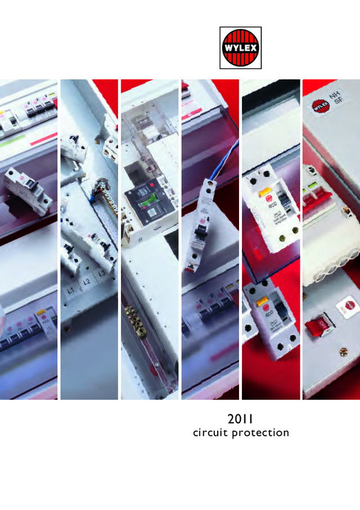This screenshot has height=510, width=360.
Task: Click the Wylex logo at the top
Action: (x=240, y=48)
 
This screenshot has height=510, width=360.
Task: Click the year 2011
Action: (x=240, y=419)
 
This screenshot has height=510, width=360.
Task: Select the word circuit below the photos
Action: (x=210, y=433)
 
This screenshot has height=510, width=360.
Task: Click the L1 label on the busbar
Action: (x=71, y=291)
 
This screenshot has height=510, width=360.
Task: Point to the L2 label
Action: (x=86, y=281)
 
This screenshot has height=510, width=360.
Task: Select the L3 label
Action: (x=101, y=274)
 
